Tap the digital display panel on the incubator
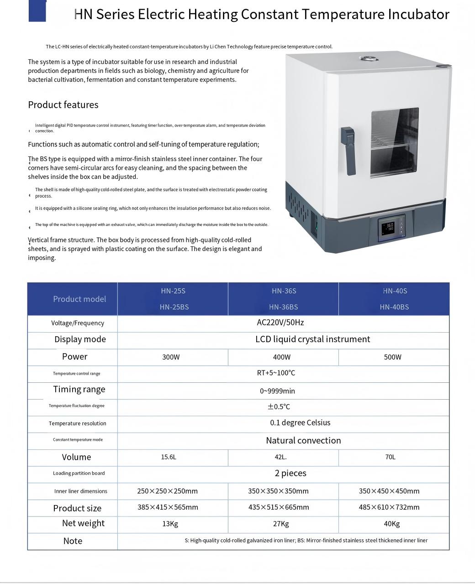pos(391,228)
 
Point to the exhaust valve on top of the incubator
pos(366,58)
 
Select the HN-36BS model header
pos(283,307)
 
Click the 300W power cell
pos(171,357)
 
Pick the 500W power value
pos(392,357)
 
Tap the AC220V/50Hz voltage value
pos(280,323)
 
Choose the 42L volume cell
pos(281,457)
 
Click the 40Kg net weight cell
pos(391,524)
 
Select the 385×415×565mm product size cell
pos(168,507)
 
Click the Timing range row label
pos(79,389)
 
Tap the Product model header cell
pos(79,299)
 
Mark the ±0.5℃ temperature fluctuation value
pos(279,407)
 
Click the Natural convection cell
pos(303,440)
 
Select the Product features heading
pos(63,104)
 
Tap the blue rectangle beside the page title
pos(37,10)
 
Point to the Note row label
pos(73,541)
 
